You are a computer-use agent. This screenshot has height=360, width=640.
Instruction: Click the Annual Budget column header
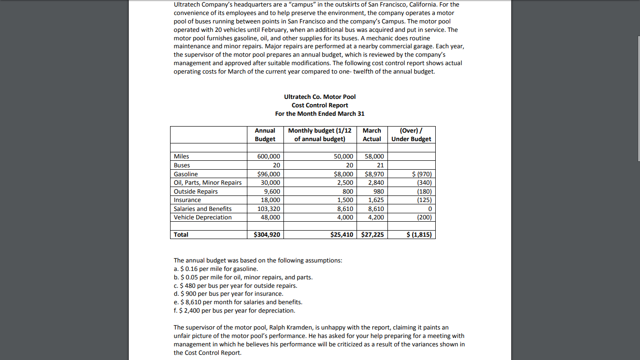coord(265,135)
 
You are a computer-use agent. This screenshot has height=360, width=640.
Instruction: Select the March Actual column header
coord(372,135)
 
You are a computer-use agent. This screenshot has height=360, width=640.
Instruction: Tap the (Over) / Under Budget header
coord(411,135)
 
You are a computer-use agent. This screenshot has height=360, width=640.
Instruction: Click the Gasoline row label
coord(186,174)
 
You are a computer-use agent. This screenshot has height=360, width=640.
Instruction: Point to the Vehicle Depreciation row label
coord(202,217)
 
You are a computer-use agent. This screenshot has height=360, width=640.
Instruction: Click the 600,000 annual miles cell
coord(269,156)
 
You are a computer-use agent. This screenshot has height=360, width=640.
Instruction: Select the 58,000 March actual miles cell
coord(374,156)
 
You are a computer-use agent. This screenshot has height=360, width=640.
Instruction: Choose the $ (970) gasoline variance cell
coord(422,174)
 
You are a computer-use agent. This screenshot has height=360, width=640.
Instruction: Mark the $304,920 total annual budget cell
coord(267,234)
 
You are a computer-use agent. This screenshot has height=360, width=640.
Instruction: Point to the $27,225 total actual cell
coord(372,234)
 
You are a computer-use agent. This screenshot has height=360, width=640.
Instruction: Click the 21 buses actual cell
coord(380,165)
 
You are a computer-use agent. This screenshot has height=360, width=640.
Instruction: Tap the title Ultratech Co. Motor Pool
coord(320,97)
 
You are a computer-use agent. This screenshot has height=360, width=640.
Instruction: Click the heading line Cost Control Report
coord(320,105)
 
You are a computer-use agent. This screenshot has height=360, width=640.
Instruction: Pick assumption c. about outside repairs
coord(235,285)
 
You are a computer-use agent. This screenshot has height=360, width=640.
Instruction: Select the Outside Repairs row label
coord(195,191)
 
